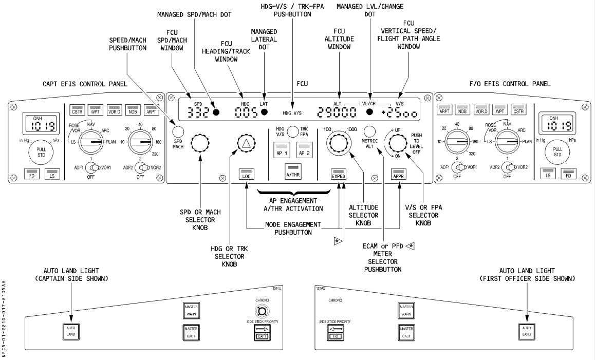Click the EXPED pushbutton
[338, 175]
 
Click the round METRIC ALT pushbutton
[369, 131]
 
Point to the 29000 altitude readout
[337, 112]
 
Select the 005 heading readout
[246, 112]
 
